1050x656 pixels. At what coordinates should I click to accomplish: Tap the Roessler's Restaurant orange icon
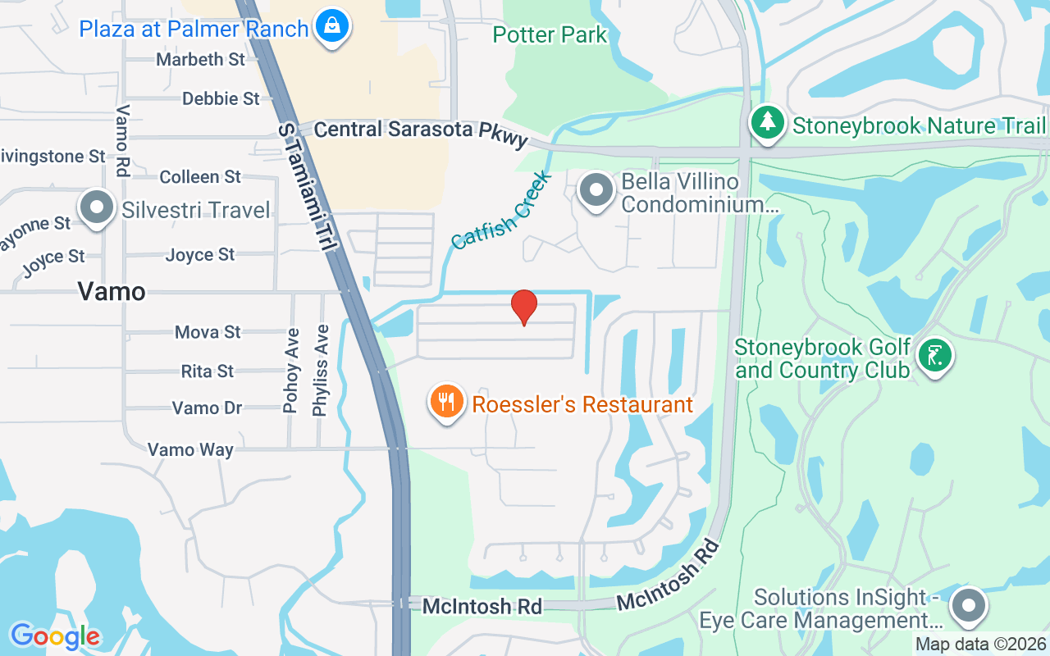446,403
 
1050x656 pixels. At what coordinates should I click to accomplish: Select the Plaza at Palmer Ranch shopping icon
333,26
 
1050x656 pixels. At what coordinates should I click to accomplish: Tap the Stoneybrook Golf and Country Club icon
934,356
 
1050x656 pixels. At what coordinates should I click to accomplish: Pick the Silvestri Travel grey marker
98,208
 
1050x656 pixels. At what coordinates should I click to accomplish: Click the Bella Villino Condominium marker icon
596,191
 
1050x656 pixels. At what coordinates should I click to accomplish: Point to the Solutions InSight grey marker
969,607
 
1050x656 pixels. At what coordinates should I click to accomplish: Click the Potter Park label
550,34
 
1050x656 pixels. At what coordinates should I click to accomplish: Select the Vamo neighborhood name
112,291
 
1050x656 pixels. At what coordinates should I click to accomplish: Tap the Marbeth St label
201,59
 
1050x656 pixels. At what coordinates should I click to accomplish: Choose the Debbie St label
221,98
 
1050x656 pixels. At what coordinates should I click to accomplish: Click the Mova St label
208,332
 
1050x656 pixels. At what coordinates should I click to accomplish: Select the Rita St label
208,371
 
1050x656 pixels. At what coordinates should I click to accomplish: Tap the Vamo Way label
190,449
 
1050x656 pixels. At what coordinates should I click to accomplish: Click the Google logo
55,635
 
